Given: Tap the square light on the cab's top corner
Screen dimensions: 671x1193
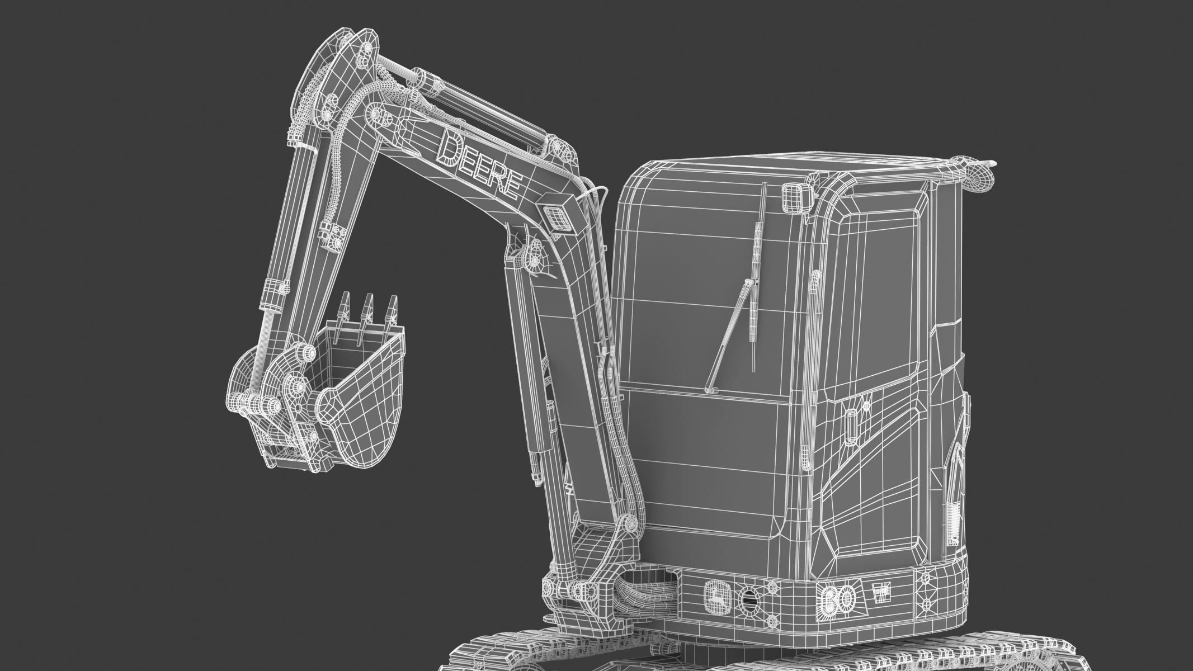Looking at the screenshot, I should point(796,196).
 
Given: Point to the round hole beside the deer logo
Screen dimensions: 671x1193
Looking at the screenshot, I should point(748,599).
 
